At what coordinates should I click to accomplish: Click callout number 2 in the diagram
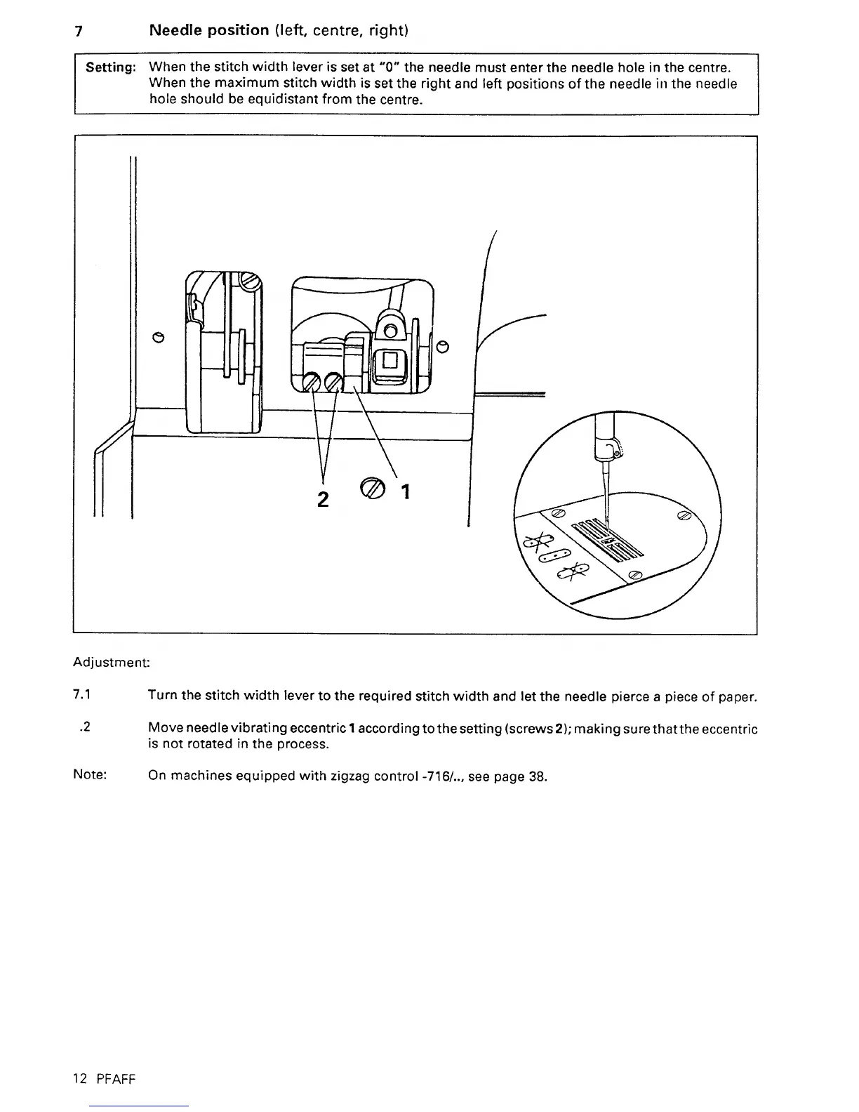tap(324, 498)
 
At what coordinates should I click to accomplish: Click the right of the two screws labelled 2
tap(333, 383)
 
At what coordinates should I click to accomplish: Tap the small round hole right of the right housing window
tap(442, 346)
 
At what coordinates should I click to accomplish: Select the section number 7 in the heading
tap(80, 32)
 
